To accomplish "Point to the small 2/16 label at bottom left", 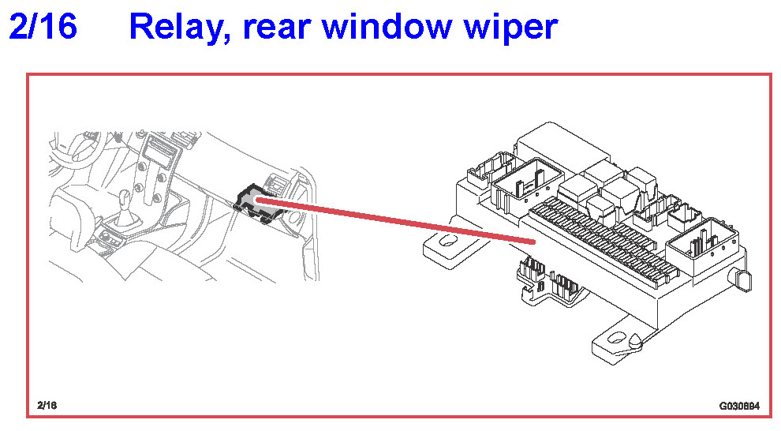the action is tap(47, 405).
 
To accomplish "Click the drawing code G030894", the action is tap(738, 406).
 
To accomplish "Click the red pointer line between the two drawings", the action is tap(394, 221).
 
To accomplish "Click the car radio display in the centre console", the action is tap(161, 150).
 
